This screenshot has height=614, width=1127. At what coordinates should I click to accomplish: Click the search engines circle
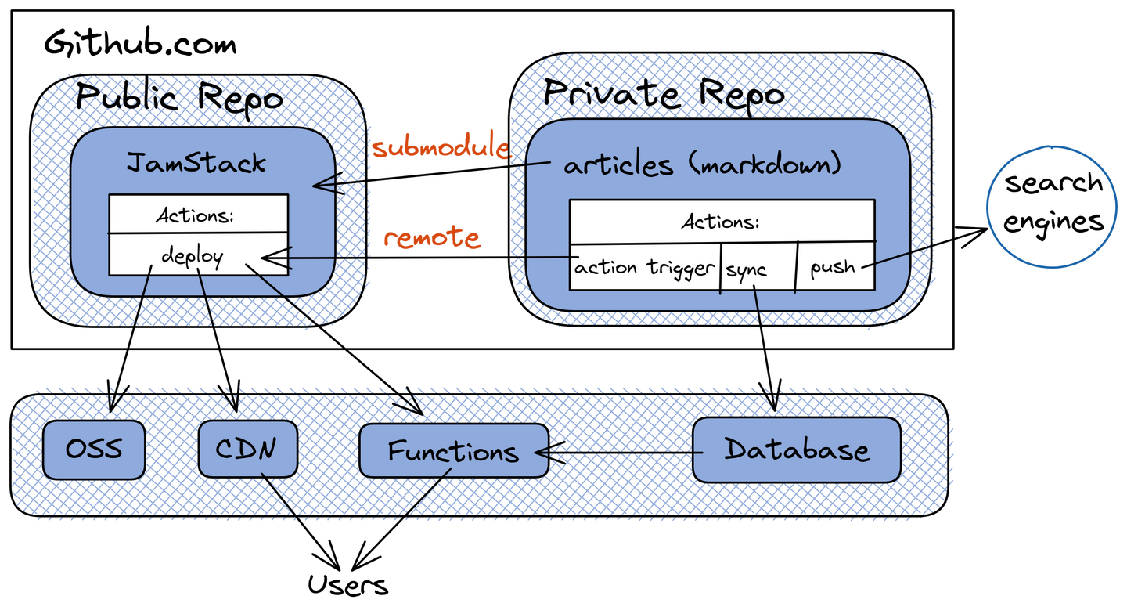[1053, 203]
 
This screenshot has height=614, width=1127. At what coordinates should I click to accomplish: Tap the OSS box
[94, 450]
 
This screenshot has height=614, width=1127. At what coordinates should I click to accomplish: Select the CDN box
[247, 450]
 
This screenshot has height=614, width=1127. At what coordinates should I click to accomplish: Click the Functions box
[453, 451]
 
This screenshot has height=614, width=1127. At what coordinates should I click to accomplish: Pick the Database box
[797, 450]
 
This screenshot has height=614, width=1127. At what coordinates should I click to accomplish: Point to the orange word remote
[432, 237]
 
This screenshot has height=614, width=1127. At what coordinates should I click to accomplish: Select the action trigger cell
[644, 268]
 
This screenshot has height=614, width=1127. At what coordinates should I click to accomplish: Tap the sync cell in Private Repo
[747, 270]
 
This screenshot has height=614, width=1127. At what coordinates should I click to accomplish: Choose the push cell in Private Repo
[833, 268]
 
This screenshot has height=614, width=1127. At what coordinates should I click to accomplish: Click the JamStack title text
[196, 163]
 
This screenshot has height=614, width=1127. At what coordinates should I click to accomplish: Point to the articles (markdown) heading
[702, 165]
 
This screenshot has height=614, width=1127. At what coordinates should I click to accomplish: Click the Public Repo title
[180, 99]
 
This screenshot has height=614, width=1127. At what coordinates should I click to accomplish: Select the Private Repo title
[664, 95]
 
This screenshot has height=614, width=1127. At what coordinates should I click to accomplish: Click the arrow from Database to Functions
[618, 453]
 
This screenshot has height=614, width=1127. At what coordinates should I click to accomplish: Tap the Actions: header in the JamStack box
[195, 215]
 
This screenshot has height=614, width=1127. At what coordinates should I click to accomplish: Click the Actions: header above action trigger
[720, 222]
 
